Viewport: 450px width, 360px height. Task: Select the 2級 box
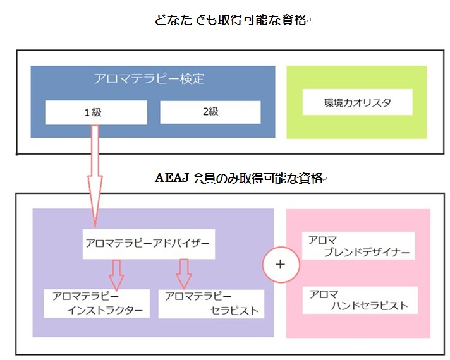[210, 112]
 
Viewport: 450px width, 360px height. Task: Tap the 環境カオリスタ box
[358, 102]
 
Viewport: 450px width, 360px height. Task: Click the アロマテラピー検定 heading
[149, 80]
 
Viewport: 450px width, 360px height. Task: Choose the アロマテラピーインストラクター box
[97, 303]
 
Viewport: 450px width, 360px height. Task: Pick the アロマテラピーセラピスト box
[212, 303]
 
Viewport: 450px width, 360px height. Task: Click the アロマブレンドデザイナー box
[358, 246]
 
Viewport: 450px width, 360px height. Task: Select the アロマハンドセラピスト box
[358, 301]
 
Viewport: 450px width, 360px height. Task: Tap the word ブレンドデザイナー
[366, 253]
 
